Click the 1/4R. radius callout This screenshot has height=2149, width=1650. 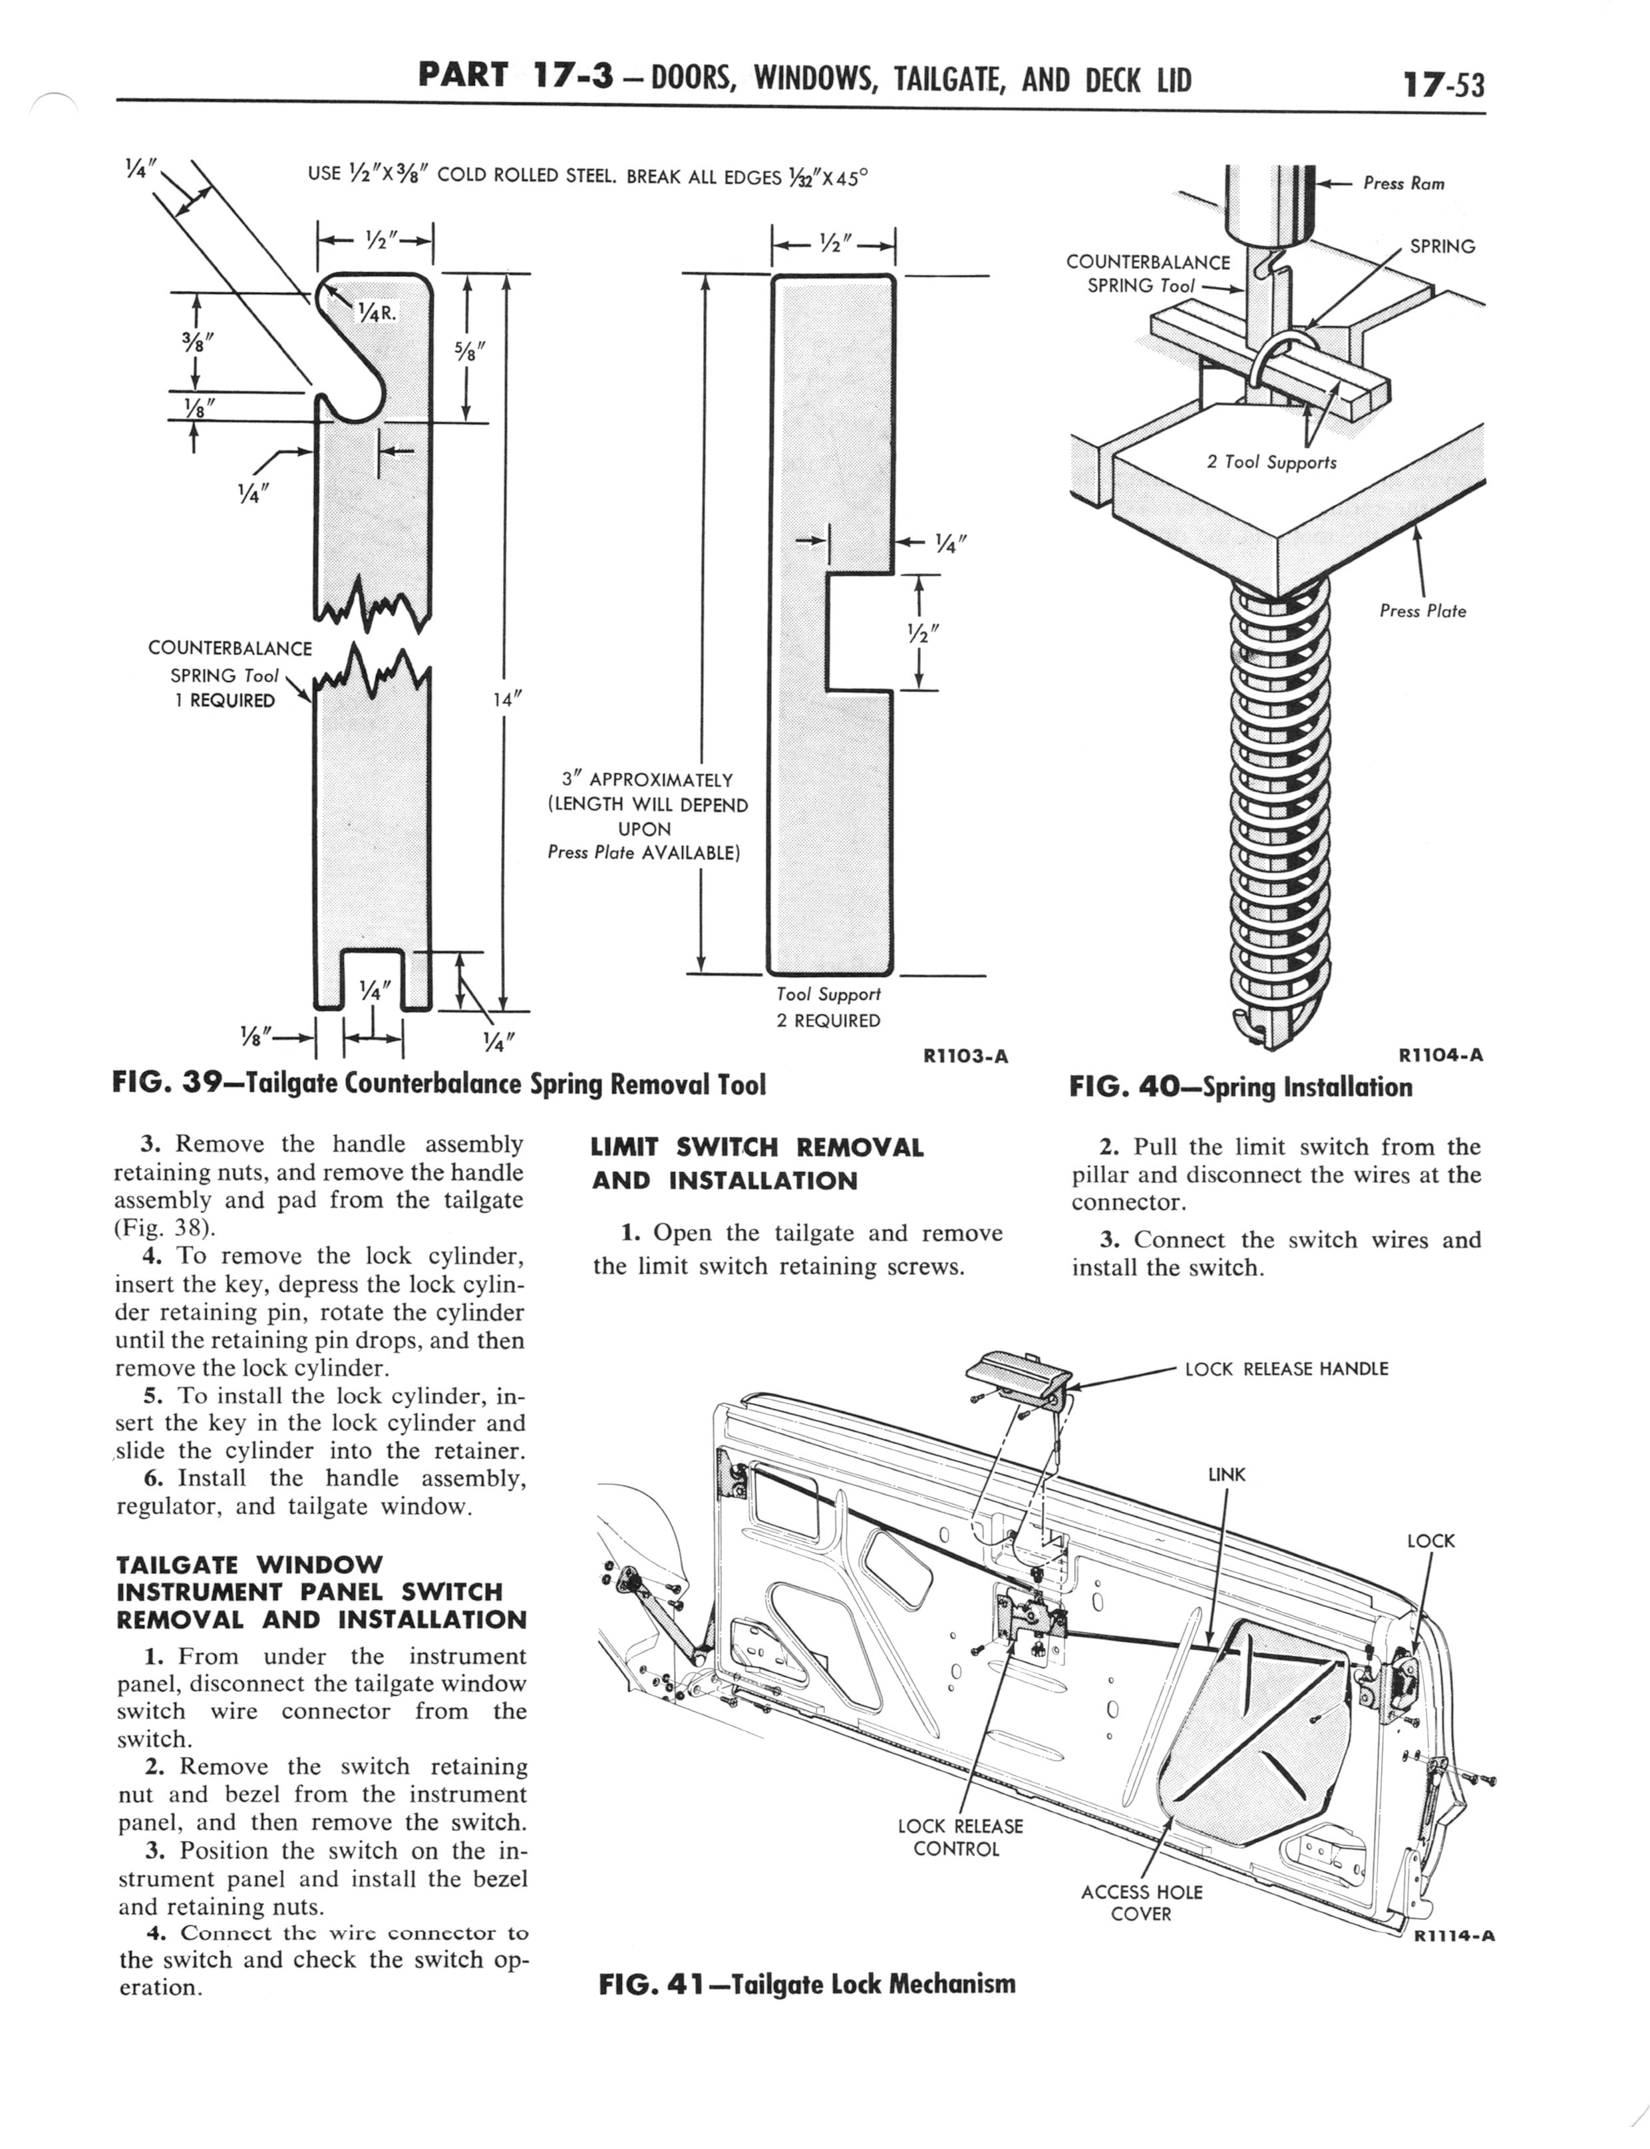(x=376, y=313)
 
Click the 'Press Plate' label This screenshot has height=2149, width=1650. (x=1422, y=611)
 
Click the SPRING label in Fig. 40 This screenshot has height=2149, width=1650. (x=1442, y=246)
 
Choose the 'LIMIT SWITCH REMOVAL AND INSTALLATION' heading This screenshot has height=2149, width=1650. (x=757, y=1164)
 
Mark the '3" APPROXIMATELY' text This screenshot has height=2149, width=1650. (x=647, y=780)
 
